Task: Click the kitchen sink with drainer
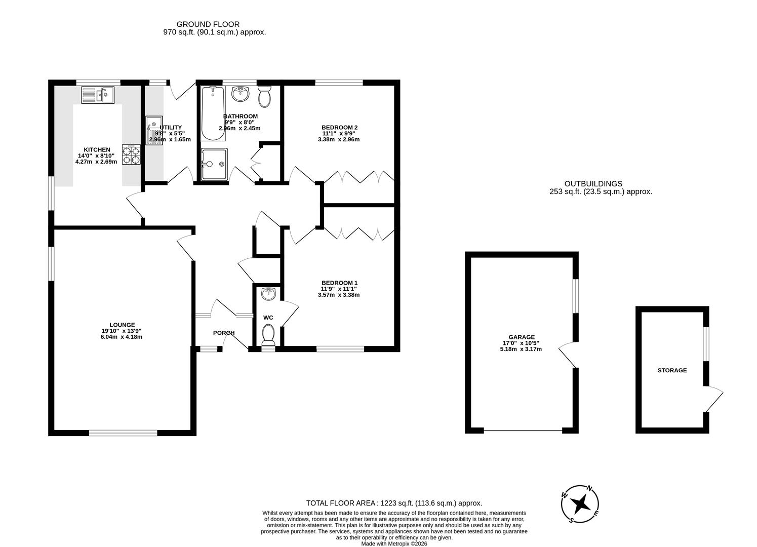click(x=98, y=95)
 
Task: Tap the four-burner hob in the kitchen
click(x=131, y=154)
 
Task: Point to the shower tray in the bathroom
click(x=214, y=164)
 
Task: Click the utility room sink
click(x=153, y=130)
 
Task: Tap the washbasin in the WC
click(x=268, y=293)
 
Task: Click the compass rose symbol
click(x=580, y=504)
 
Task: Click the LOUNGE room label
click(x=122, y=325)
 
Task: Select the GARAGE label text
click(x=522, y=337)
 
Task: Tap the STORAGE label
click(x=672, y=370)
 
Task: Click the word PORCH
click(x=223, y=333)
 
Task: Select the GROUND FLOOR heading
click(x=208, y=24)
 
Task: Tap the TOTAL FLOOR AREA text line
click(x=394, y=503)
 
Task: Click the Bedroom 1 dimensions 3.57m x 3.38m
click(x=338, y=295)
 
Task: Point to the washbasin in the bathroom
click(x=240, y=94)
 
